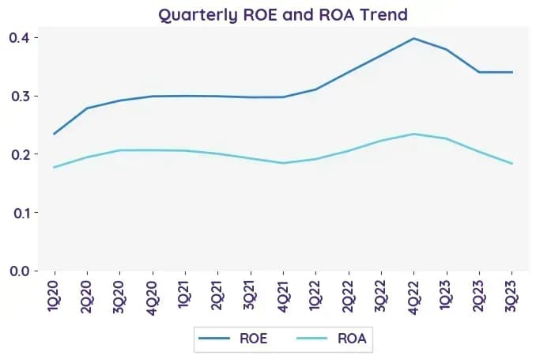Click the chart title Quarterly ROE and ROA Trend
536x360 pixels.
pyautogui.click(x=283, y=15)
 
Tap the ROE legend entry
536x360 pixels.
pyautogui.click(x=232, y=339)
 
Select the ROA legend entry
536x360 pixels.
pyautogui.click(x=331, y=339)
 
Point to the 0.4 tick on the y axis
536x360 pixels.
pyautogui.click(x=20, y=37)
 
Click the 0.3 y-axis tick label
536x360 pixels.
pyautogui.click(x=20, y=97)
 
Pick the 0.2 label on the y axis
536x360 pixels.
pyautogui.click(x=20, y=154)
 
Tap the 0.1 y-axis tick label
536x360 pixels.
pyautogui.click(x=21, y=213)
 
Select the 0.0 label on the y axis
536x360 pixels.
pyautogui.click(x=20, y=271)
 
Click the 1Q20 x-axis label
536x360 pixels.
pyautogui.click(x=55, y=296)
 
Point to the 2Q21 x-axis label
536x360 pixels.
pyautogui.click(x=217, y=295)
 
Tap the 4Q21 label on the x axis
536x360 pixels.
pyautogui.click(x=283, y=296)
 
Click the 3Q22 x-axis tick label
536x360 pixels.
pyautogui.click(x=381, y=296)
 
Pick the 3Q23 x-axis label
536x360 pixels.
pyautogui.click(x=511, y=296)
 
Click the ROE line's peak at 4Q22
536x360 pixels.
pyautogui.click(x=413, y=38)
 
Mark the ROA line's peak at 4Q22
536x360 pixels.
pyautogui.click(x=413, y=134)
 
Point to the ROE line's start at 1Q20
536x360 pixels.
pyautogui.click(x=55, y=134)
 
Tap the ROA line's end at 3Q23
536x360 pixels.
pyautogui.click(x=511, y=163)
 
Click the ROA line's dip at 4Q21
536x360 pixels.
pyautogui.click(x=283, y=163)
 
